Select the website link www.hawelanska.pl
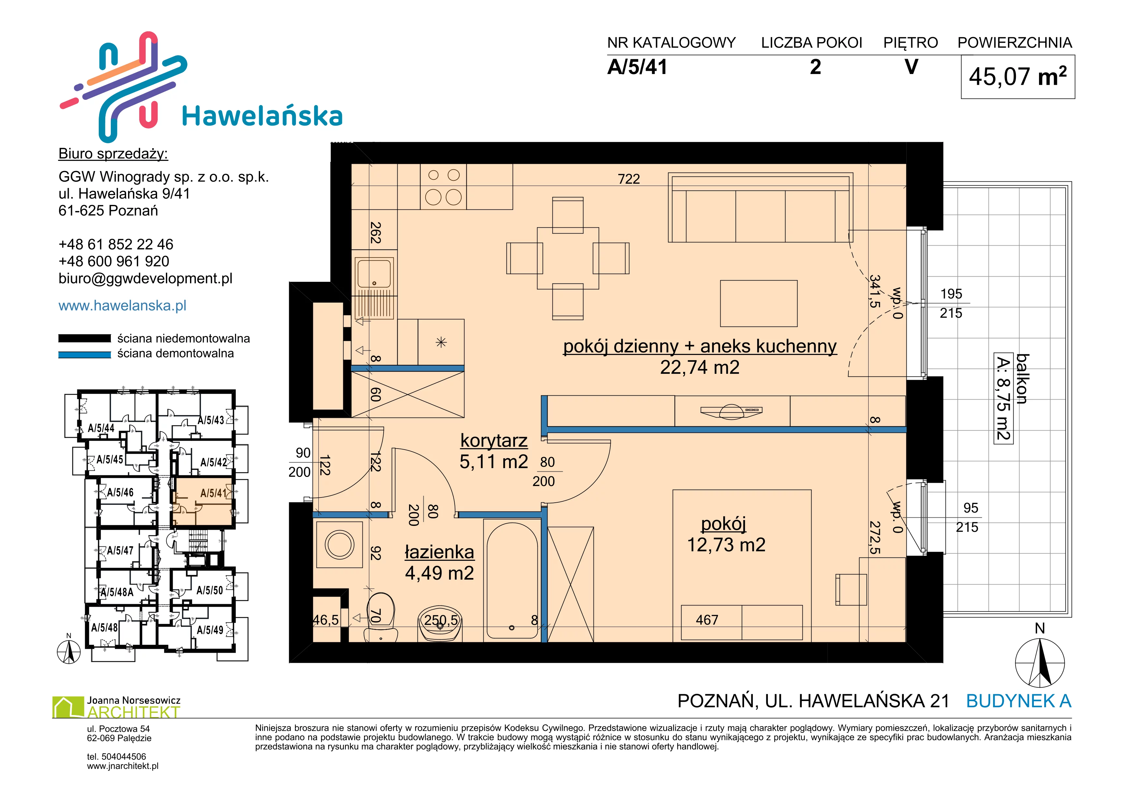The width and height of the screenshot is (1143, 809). click(x=123, y=305)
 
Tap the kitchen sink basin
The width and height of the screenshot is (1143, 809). click(x=374, y=272)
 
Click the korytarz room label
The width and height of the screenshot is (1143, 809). click(x=494, y=440)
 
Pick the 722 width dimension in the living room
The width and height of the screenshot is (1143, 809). click(x=629, y=179)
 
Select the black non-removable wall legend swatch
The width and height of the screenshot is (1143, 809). click(x=85, y=338)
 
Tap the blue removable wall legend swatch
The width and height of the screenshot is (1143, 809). click(x=85, y=355)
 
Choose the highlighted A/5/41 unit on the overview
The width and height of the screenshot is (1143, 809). click(x=202, y=502)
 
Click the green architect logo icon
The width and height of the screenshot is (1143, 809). click(x=68, y=707)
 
